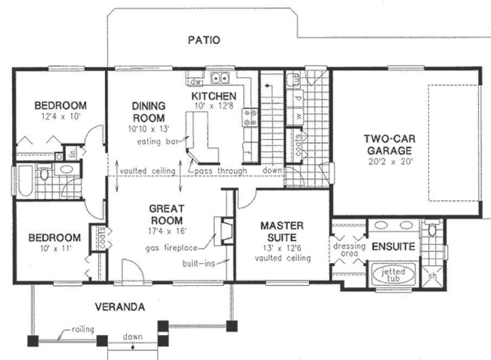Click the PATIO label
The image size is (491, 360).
pyautogui.click(x=204, y=40)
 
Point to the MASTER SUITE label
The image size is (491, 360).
pyautogui.click(x=282, y=231)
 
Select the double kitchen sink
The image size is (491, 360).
pyautogui.click(x=219, y=78)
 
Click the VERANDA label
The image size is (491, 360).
pyautogui.click(x=120, y=307)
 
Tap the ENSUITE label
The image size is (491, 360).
pyautogui.click(x=393, y=247)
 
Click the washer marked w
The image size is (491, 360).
pyautogui.click(x=298, y=115)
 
